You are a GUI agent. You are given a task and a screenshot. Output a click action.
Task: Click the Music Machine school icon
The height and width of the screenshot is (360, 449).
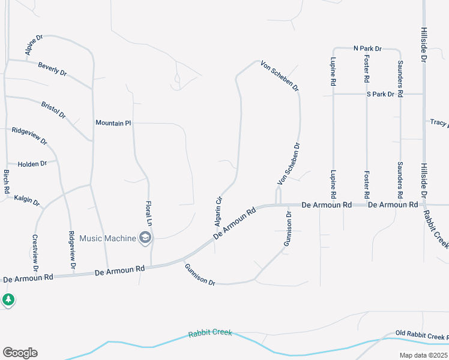click(x=144, y=238)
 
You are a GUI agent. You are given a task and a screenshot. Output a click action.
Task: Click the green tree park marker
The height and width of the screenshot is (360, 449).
click(x=8, y=299)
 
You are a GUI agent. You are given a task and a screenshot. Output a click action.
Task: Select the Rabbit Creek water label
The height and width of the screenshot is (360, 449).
click(x=210, y=334)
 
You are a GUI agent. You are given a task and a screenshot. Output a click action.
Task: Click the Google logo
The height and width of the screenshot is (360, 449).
click(x=20, y=353)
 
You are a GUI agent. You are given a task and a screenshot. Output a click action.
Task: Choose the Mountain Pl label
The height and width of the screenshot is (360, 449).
click(x=113, y=122)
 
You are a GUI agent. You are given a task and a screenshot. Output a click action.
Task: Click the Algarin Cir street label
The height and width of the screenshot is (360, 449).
click(x=219, y=212)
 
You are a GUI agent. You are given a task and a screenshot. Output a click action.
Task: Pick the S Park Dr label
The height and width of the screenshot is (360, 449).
click(x=381, y=94)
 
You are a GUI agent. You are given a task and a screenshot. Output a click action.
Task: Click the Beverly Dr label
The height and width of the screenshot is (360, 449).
click(x=52, y=68)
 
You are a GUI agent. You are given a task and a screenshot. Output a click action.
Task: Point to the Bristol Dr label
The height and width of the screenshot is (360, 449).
click(x=53, y=110)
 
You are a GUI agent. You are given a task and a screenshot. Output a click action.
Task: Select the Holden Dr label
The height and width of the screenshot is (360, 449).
click(x=32, y=164)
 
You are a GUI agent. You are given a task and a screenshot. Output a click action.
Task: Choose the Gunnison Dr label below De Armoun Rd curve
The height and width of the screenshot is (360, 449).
click(x=200, y=274)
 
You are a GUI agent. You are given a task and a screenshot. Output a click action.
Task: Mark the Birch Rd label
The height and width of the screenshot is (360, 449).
click(x=7, y=181)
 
